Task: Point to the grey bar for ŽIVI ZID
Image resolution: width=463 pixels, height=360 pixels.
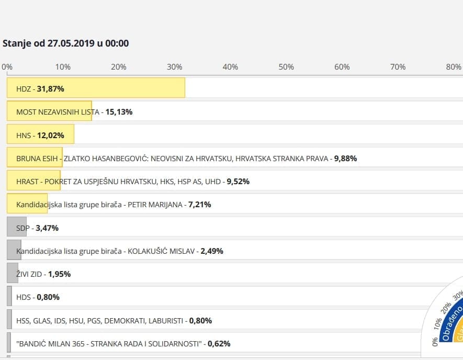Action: point(12,273)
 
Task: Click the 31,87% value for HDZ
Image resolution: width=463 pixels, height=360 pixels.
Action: point(50,89)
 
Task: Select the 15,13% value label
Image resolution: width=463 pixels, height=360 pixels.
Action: point(119,112)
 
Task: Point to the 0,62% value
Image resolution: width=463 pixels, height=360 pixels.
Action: point(219,344)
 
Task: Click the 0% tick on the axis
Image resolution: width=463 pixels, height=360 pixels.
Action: point(7,67)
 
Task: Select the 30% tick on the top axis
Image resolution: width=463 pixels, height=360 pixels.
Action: point(174,67)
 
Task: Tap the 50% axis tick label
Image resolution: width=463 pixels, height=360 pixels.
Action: point(286,67)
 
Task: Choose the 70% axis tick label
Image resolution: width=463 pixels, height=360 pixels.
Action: point(398,67)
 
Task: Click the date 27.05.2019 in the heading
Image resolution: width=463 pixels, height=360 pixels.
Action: point(71,43)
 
